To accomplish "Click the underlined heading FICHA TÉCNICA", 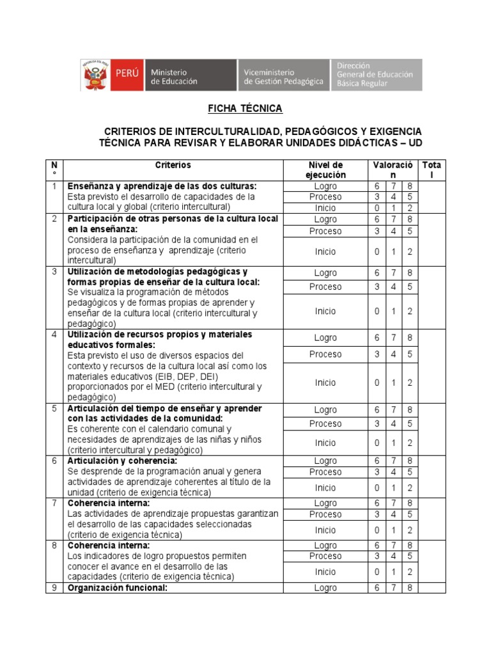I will [245, 109].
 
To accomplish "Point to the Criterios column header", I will [173, 166].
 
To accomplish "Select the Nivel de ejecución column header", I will [325, 170].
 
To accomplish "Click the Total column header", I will [431, 170].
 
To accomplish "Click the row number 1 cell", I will [54, 186].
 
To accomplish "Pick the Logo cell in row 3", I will [325, 272].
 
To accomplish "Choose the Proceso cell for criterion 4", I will [325, 354].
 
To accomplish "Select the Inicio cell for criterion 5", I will [325, 443].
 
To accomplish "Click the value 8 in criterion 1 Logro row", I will [409, 185].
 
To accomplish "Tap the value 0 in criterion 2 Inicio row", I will [377, 251].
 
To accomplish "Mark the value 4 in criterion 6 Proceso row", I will [393, 471].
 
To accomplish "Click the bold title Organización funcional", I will [118, 588].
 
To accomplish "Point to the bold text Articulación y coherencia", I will [122, 461].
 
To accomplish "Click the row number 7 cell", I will [54, 503].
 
